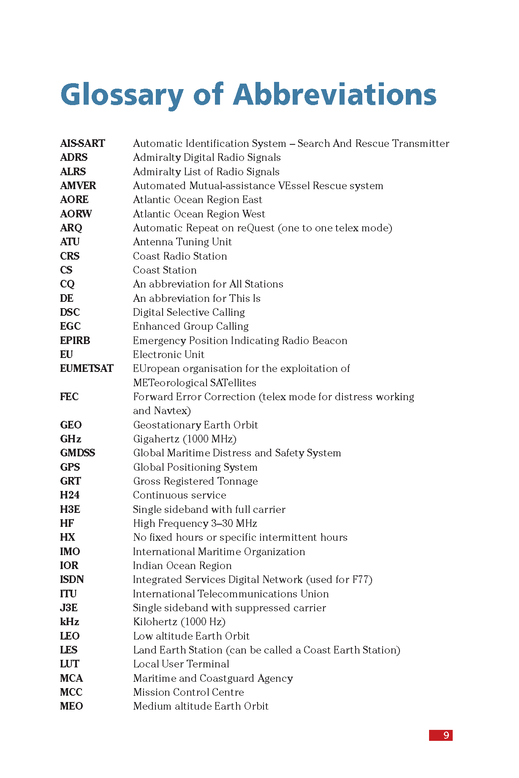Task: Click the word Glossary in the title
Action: tap(122, 95)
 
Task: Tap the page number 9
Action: tap(446, 735)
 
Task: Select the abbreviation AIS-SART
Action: tap(82, 144)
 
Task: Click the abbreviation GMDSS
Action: tap(78, 453)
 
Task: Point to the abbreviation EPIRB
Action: tap(75, 341)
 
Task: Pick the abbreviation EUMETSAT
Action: tap(87, 369)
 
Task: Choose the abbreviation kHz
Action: tap(70, 622)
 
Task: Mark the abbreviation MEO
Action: tap(71, 706)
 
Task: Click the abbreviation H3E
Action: tap(70, 510)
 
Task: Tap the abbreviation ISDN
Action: tap(72, 580)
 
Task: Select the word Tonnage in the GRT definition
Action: tap(237, 481)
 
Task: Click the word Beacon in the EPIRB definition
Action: tap(329, 341)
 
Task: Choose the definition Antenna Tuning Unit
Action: tap(182, 242)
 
